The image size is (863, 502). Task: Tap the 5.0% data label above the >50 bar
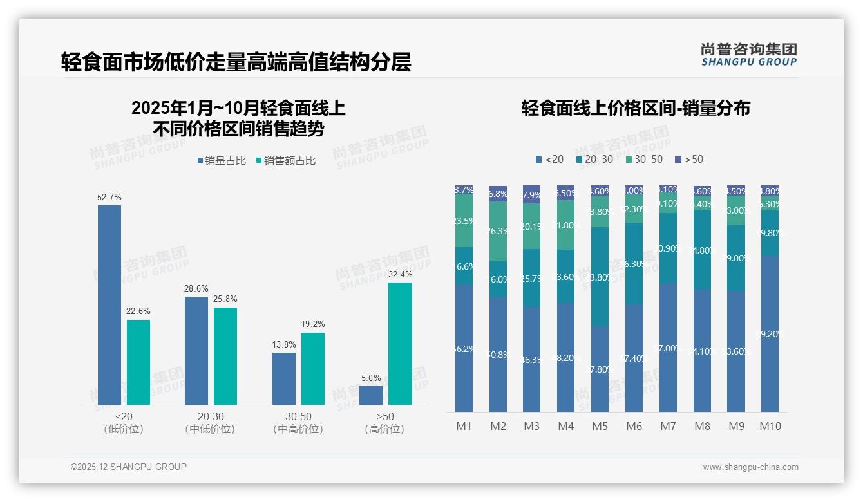tap(371, 378)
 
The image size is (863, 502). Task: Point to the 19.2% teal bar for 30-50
tap(313, 368)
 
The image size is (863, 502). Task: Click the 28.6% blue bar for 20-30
tap(196, 350)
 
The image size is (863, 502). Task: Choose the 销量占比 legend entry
tap(222, 161)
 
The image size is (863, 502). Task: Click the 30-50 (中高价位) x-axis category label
tap(298, 423)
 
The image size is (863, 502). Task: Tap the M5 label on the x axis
tap(600, 426)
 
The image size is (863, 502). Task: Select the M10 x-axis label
tap(770, 426)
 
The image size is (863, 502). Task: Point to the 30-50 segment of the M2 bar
tap(498, 231)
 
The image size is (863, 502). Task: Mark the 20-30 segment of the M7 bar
tap(668, 248)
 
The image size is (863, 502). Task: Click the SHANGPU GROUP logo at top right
tap(748, 54)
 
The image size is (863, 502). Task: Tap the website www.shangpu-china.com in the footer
tap(750, 467)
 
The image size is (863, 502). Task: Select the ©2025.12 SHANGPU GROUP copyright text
tap(129, 467)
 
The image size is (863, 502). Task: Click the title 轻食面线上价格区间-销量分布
tap(635, 108)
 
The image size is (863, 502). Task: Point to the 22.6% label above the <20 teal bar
tap(138, 311)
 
